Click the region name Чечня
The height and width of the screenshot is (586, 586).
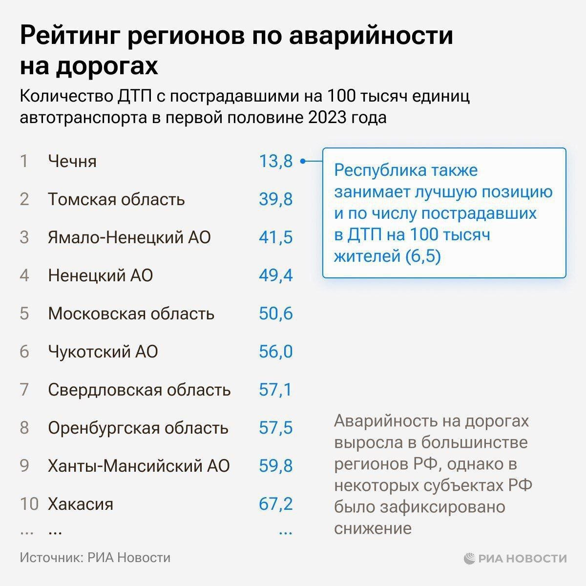72,161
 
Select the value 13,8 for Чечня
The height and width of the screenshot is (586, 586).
275,161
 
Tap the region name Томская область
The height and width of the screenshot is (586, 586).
116,199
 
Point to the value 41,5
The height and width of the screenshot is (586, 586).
275,237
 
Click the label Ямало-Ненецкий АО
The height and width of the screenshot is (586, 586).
129,237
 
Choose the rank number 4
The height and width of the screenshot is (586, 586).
24,275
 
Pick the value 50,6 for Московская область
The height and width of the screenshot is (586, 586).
275,314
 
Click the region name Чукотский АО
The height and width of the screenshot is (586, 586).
103,352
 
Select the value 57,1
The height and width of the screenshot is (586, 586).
275,390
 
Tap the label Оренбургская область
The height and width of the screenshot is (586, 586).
138,428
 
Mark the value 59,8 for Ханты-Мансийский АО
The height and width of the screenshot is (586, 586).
275,466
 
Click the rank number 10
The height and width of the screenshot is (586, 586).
29,504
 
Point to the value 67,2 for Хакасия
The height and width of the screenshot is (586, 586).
275,504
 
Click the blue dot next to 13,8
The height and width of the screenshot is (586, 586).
303,161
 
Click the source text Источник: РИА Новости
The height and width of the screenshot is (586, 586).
95,558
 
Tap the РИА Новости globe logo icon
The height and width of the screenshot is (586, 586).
469,558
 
